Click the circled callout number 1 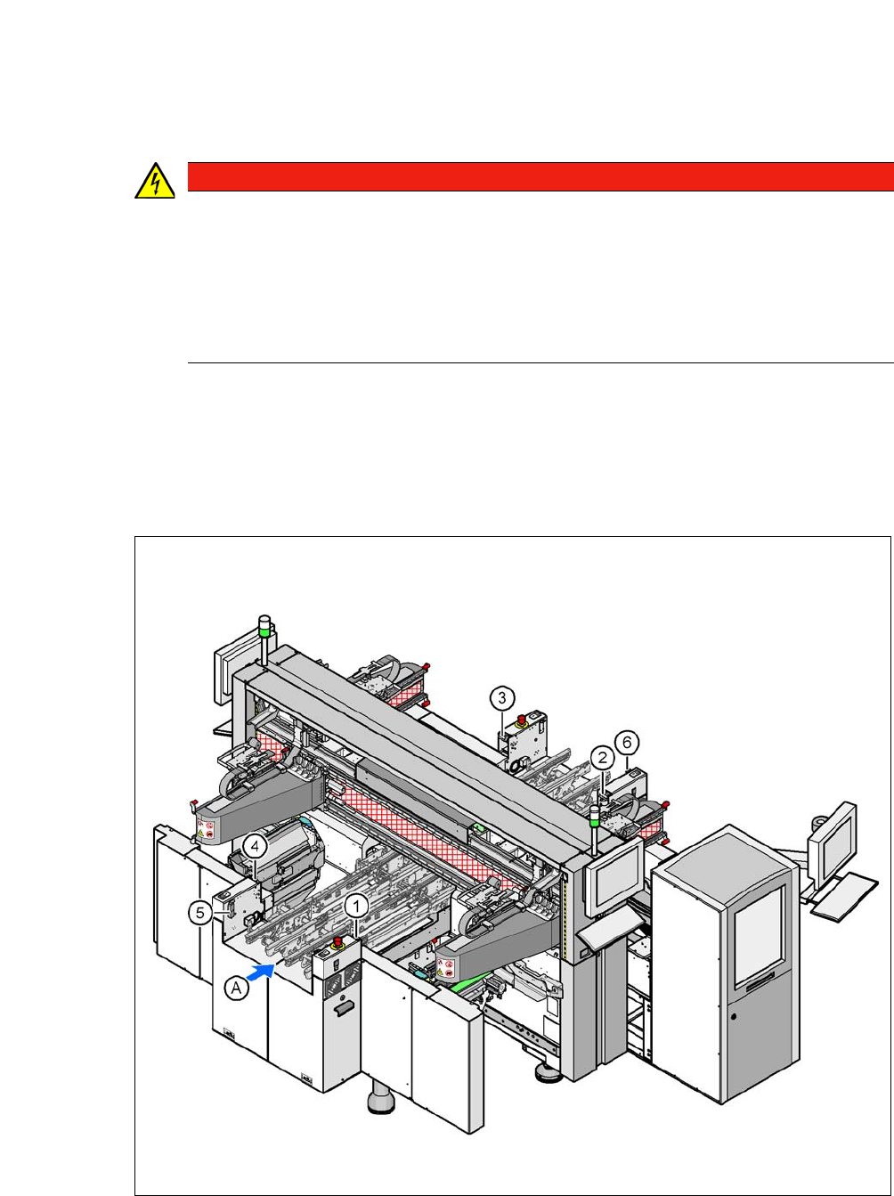(357, 907)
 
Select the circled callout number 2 (603, 757)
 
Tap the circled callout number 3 (501, 697)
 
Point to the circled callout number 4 (255, 846)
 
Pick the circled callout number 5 (200, 913)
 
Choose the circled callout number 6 (627, 742)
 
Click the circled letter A (237, 988)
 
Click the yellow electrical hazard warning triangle (155, 182)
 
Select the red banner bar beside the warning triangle (540, 176)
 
